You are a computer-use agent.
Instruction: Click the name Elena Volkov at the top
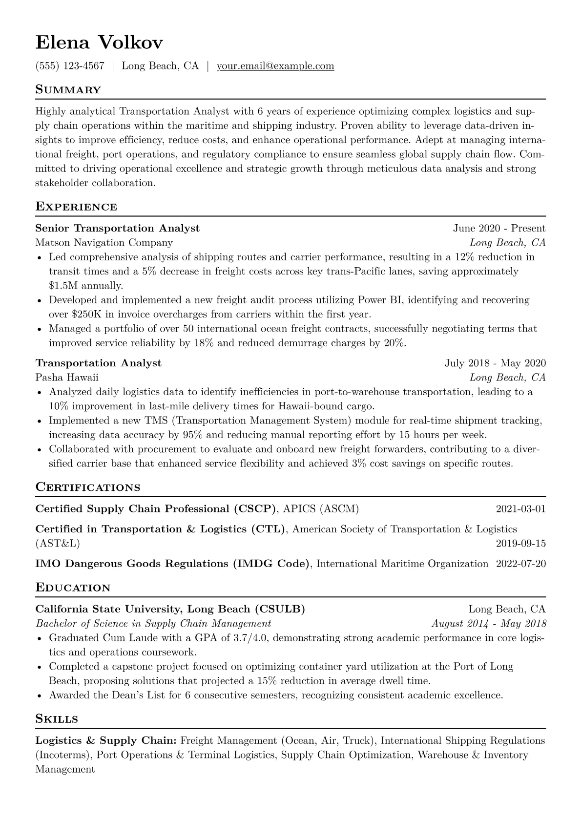click(x=99, y=43)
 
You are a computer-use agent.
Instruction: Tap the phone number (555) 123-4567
click(x=70, y=66)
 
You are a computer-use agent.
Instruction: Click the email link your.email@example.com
click(x=275, y=66)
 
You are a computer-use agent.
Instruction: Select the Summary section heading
click(x=68, y=90)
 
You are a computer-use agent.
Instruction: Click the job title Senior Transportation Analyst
click(x=118, y=228)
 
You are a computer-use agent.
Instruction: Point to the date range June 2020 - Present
click(x=499, y=228)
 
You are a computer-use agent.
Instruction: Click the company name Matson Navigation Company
click(x=104, y=243)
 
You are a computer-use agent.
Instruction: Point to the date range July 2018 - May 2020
click(x=495, y=363)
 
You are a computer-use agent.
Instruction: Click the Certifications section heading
click(x=88, y=487)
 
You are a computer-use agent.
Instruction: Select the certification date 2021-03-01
click(x=520, y=509)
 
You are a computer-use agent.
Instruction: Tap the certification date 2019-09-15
click(x=520, y=543)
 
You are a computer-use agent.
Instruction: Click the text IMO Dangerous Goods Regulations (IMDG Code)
click(x=173, y=564)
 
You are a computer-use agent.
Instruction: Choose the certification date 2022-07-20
click(x=520, y=564)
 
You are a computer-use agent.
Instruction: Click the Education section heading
click(x=73, y=588)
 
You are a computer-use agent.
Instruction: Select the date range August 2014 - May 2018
click(x=489, y=624)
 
